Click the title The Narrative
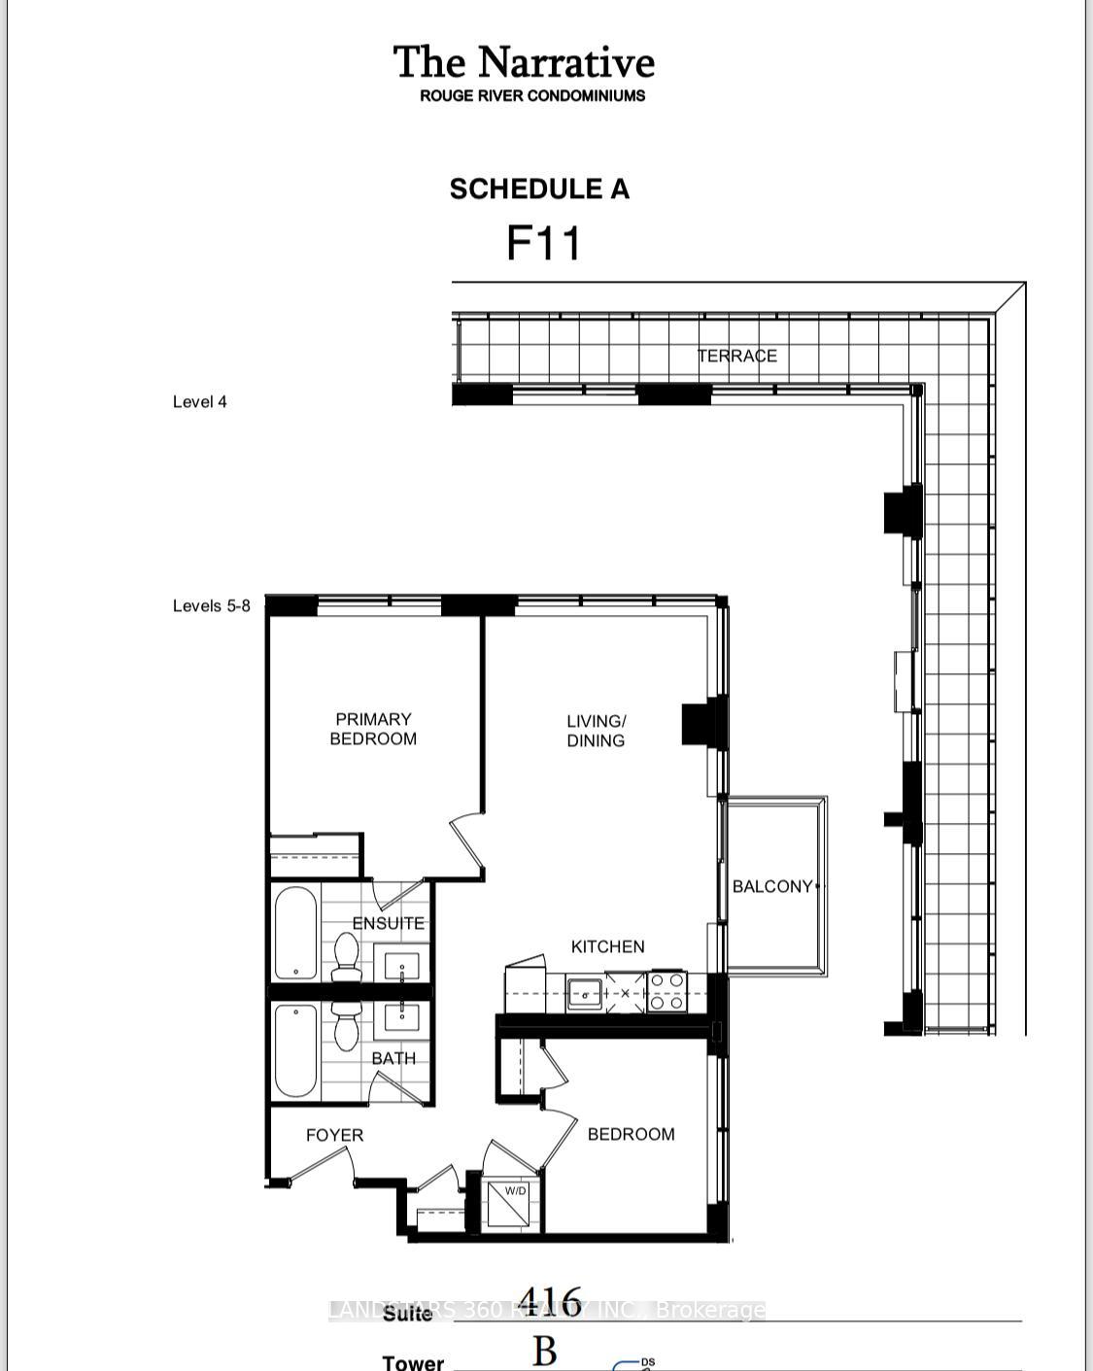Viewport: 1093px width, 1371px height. [524, 62]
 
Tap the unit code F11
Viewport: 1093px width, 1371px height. [543, 243]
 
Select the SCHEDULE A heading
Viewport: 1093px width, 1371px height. [539, 189]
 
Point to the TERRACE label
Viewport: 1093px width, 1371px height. [736, 356]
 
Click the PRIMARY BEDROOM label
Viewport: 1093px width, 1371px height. [373, 729]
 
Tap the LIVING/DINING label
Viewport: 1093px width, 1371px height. [596, 731]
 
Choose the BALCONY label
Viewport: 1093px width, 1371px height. [772, 886]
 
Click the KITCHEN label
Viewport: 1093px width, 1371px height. [607, 946]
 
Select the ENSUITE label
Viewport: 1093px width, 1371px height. [388, 923]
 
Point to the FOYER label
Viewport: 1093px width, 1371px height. [334, 1135]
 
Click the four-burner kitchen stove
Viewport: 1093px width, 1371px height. [666, 992]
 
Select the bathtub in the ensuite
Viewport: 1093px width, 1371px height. [295, 933]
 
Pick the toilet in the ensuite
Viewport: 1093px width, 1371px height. [346, 957]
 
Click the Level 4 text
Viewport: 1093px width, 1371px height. [199, 402]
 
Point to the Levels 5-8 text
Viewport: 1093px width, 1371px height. [211, 606]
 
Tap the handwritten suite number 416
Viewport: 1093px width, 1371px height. [550, 1301]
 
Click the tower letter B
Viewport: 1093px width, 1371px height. [544, 1352]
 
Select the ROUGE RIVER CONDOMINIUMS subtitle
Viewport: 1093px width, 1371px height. [532, 96]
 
